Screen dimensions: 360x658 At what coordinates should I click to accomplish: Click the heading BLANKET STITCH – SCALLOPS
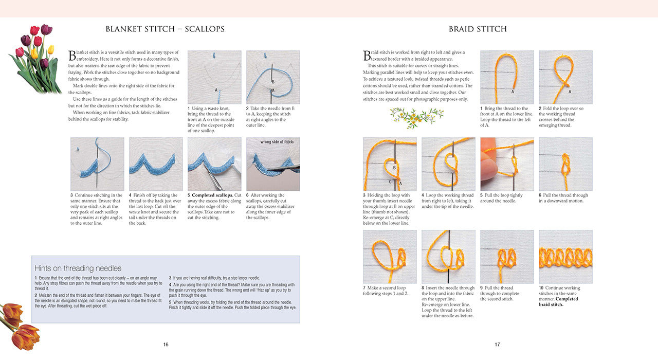tap(165, 29)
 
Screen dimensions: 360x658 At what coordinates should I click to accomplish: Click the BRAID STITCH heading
tap(478, 29)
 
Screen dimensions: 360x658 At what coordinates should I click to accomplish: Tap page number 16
tap(166, 345)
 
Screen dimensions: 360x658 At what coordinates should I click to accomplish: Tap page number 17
tap(497, 345)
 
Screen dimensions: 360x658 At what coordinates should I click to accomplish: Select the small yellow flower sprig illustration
tap(410, 117)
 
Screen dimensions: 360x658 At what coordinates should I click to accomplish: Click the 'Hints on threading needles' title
tap(78, 268)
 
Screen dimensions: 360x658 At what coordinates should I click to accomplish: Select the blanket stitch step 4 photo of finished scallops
tap(156, 164)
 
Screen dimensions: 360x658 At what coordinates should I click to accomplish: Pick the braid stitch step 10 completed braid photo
tap(565, 256)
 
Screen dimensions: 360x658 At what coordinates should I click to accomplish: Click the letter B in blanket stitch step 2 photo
tap(272, 82)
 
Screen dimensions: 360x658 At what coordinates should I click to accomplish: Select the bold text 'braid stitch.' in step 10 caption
tap(551, 304)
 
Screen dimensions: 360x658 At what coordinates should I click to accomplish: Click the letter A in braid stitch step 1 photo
tap(513, 91)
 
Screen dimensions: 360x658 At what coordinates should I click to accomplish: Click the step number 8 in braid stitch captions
tap(423, 288)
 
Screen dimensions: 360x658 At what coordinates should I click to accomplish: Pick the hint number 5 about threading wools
tap(171, 302)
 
